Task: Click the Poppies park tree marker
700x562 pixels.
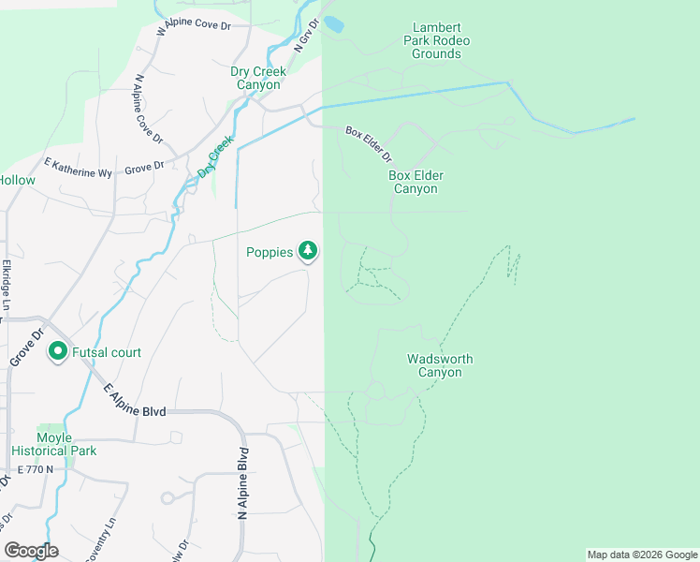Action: (308, 251)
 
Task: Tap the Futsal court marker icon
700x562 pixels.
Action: (57, 352)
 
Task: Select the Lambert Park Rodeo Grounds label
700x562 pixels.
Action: (436, 40)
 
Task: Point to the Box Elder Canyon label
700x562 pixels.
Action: (416, 182)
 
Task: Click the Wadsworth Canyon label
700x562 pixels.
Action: (440, 365)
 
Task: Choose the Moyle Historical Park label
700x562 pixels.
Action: (66, 444)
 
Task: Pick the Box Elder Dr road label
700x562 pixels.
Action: (368, 144)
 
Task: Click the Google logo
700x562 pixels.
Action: (31, 551)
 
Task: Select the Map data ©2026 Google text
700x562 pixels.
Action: (641, 555)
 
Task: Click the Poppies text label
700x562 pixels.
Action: (270, 252)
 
